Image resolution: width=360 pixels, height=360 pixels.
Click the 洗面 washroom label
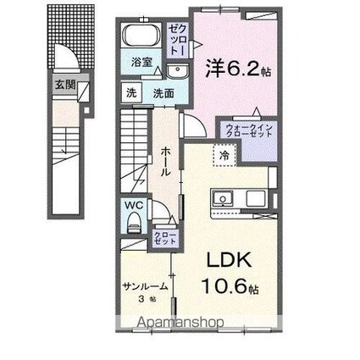point(163,93)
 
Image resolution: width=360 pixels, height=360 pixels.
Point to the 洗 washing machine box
point(132,93)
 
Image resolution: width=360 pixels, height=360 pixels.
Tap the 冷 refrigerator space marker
point(224,156)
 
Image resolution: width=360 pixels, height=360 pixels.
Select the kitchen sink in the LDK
point(225,200)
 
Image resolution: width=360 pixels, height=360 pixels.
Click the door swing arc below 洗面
point(194,125)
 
